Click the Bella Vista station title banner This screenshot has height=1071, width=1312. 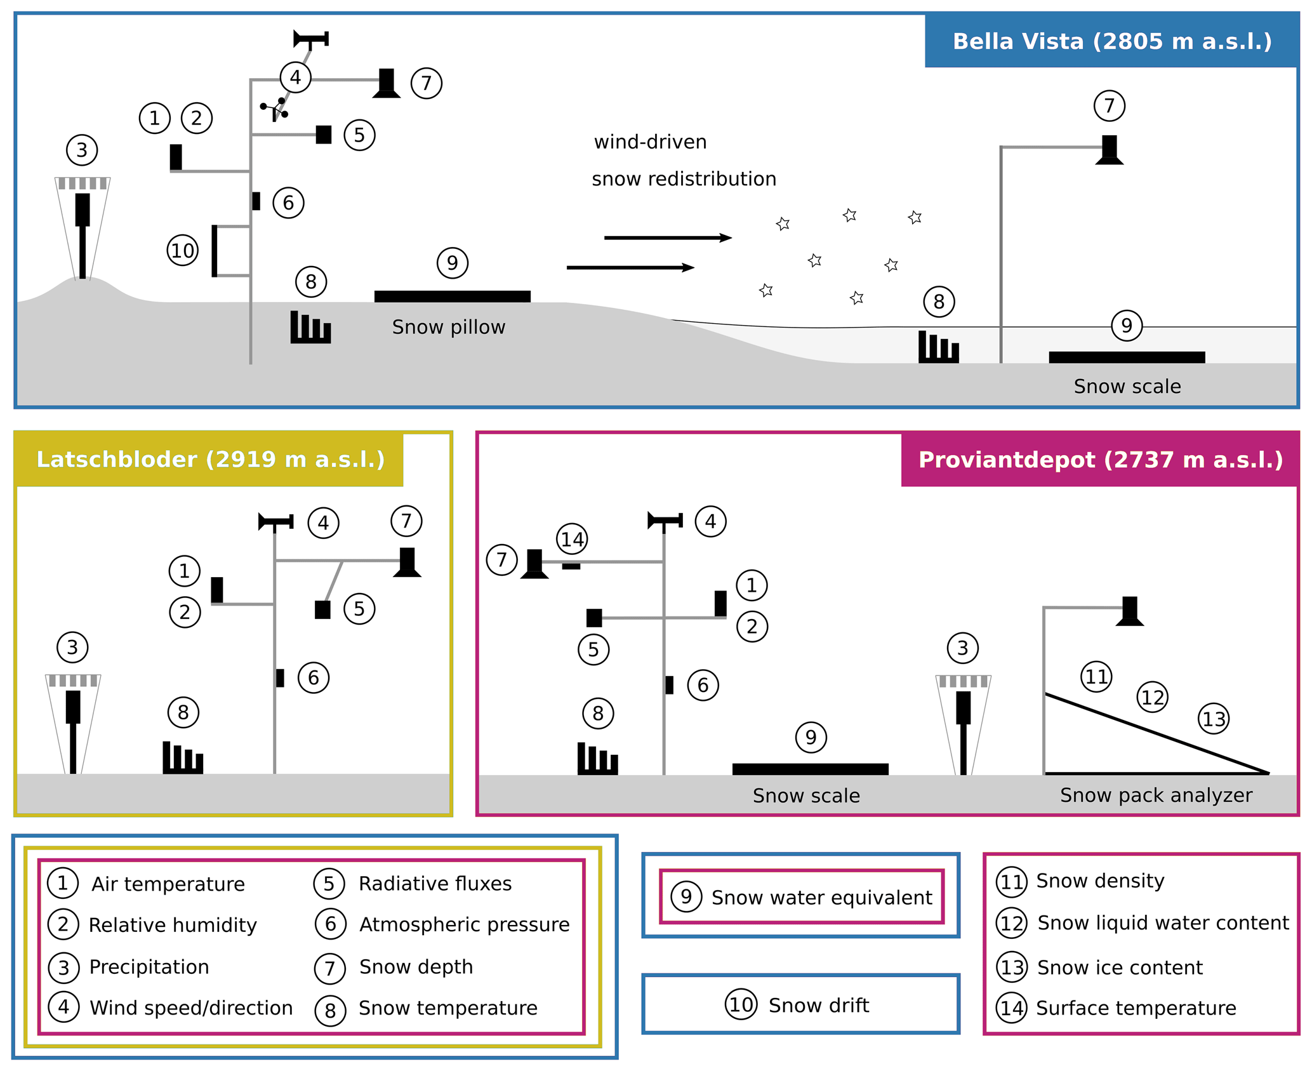coord(1111,41)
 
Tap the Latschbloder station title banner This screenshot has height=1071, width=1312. coord(210,459)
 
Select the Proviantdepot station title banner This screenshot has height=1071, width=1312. coord(1100,460)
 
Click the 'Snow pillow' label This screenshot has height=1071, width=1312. coord(448,327)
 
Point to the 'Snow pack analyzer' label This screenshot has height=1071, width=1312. coord(1155,795)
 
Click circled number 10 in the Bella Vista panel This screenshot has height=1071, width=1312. coord(183,251)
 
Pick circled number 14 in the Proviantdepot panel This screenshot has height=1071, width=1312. coord(572,540)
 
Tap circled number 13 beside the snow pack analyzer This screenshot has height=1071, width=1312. coord(1214,719)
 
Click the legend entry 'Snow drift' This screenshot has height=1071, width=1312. coord(818,1005)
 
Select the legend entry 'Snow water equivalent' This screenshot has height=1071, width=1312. coord(821,897)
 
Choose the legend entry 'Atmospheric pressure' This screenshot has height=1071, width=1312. coord(464,924)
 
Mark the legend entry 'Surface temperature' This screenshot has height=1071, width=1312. coord(1136,1008)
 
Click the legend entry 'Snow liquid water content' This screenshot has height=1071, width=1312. coord(1162,922)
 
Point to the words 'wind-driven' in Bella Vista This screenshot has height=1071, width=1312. coord(650,142)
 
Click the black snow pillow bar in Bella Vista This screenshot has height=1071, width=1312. coord(452,296)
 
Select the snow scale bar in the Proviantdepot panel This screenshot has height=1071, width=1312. coord(810,769)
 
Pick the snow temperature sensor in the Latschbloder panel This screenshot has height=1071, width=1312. coord(183,758)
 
